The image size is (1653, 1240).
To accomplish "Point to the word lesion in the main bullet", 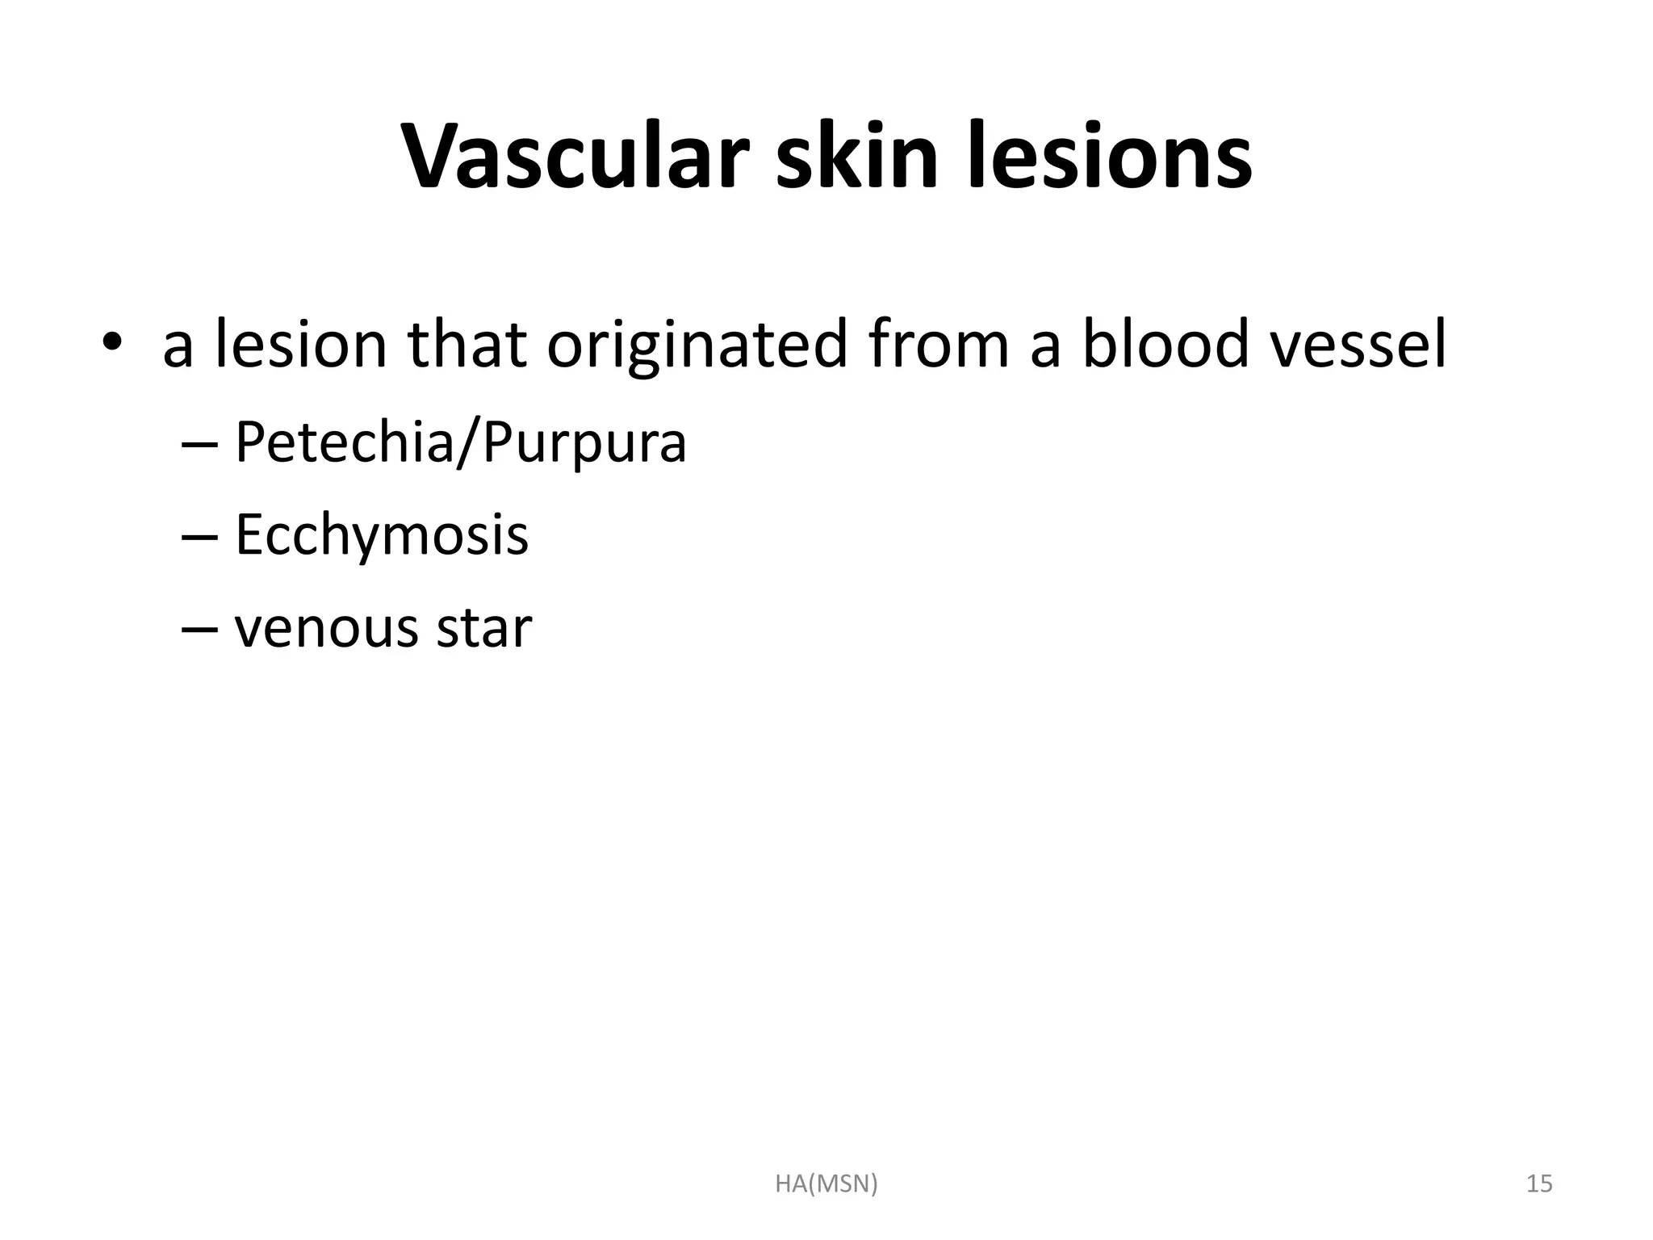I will point(300,345).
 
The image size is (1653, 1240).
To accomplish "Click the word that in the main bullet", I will point(467,345).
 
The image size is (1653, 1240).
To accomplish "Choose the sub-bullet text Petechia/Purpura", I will point(460,443).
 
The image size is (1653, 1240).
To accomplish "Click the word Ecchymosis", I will point(381,534).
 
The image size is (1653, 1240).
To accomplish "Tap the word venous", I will point(326,628).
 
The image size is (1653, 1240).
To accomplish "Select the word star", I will point(483,627).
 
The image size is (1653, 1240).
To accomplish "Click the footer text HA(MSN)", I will point(826,1183).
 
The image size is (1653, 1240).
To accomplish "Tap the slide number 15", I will point(1539,1183).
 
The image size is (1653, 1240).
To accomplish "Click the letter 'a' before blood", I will point(1045,349).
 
